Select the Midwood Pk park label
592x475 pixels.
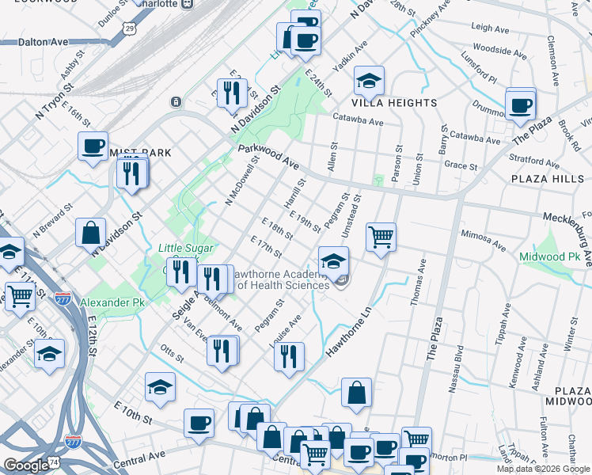(550, 257)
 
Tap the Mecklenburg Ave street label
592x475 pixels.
(567, 218)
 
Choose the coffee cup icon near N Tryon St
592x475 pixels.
(93, 146)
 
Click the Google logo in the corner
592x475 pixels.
(26, 465)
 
